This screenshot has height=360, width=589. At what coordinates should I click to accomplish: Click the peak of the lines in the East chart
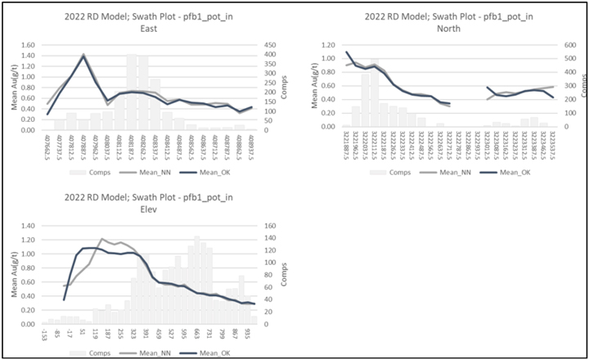click(x=83, y=56)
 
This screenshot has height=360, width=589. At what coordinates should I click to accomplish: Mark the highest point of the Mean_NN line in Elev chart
click(x=101, y=239)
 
